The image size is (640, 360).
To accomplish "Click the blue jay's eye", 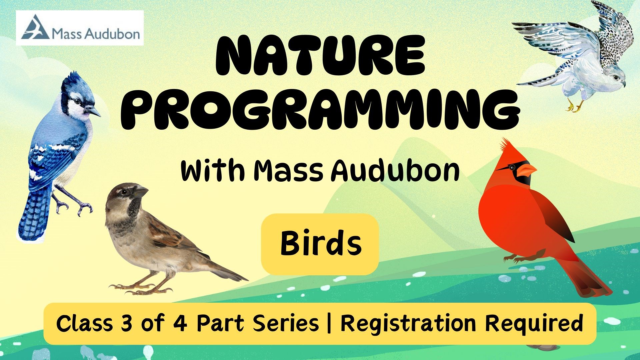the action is (x=77, y=101).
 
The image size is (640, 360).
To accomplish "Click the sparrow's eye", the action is (x=124, y=192).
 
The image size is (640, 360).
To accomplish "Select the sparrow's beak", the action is (x=141, y=192).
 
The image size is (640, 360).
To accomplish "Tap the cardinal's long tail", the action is (x=590, y=277).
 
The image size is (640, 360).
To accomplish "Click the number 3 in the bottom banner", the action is (x=127, y=323).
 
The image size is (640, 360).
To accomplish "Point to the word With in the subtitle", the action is (x=213, y=171).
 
